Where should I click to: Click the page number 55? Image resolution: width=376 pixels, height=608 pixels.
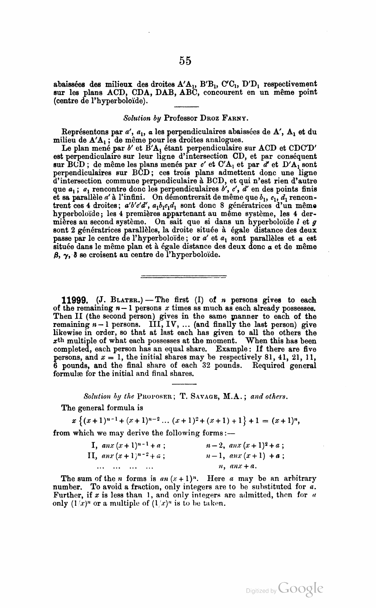coord(185,60)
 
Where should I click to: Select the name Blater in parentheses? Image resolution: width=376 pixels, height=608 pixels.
coord(120,300)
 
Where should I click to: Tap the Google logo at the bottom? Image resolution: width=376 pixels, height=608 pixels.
coord(301,589)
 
